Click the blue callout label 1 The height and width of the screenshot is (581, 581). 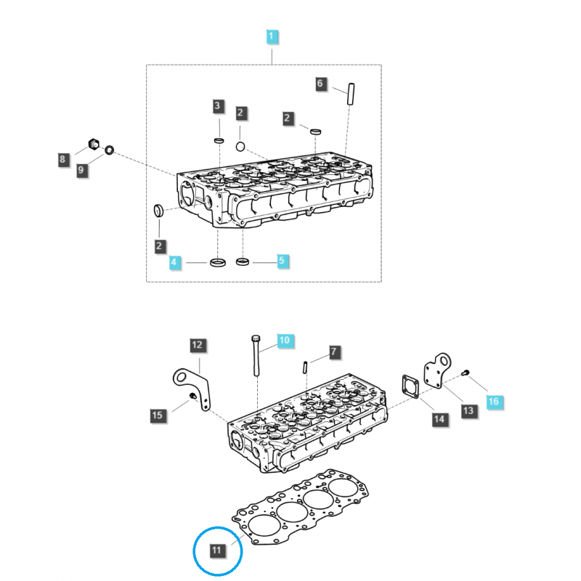tap(271, 36)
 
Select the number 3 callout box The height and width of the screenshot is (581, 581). tap(217, 107)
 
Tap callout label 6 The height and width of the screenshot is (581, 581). tap(320, 84)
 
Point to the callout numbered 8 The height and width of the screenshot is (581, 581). tap(63, 159)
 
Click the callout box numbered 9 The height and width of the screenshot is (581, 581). tap(81, 170)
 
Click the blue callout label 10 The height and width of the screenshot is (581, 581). tap(284, 339)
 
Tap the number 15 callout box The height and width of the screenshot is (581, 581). tap(158, 415)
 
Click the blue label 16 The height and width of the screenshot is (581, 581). tap(493, 401)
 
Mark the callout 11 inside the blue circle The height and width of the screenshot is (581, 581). tap(217, 550)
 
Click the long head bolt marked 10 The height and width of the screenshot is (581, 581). tap(256, 356)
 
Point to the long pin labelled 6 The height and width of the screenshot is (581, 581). tap(352, 92)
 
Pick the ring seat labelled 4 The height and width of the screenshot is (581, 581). tap(217, 261)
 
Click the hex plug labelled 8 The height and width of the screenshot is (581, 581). tap(93, 143)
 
